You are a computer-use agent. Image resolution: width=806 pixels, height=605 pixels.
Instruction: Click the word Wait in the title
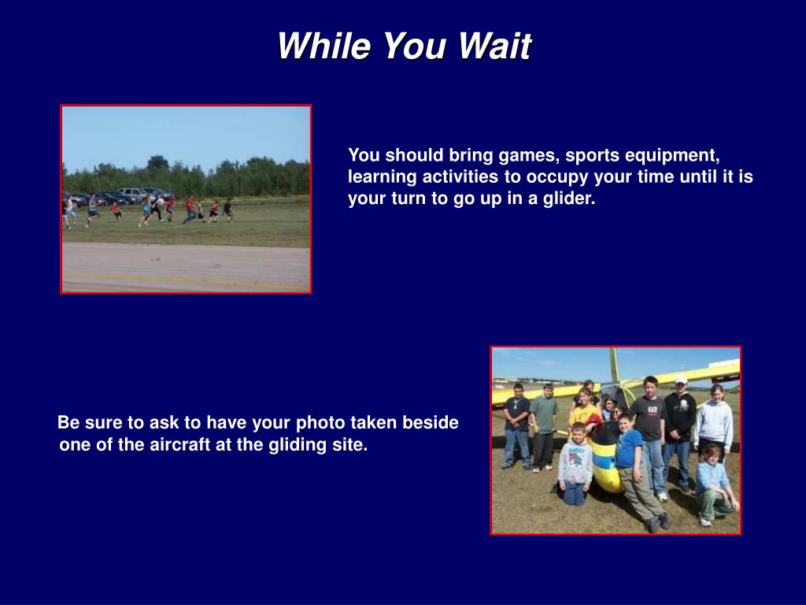pyautogui.click(x=494, y=46)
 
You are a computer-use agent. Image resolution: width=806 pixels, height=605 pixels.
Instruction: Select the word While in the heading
pyautogui.click(x=324, y=46)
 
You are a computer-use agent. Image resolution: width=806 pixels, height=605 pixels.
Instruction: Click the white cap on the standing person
pyautogui.click(x=681, y=380)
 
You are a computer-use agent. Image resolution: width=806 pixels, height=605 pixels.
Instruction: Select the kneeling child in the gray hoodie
pyautogui.click(x=574, y=463)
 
